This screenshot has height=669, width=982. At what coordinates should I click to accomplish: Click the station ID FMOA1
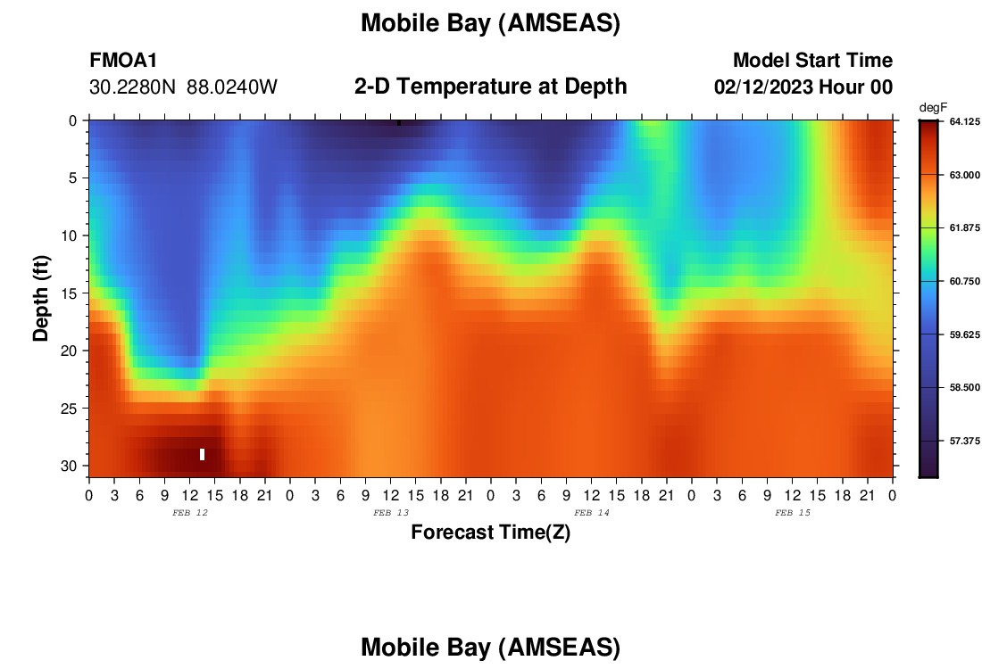pos(123,60)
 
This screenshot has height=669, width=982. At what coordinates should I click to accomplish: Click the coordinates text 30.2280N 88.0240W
pos(183,87)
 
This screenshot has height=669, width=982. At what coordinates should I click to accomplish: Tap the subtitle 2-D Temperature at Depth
pos(490,87)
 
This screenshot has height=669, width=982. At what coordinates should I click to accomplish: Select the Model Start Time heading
pos(812,60)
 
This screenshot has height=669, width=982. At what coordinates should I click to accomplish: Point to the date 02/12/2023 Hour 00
pos(803,87)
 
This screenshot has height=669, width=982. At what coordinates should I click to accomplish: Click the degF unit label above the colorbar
pos(933,108)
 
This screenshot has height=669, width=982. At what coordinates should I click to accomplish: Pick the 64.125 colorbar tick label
pos(964,121)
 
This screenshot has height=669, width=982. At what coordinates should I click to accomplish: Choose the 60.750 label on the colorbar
pos(964,281)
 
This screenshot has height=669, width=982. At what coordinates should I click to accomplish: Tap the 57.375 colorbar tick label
pos(964,441)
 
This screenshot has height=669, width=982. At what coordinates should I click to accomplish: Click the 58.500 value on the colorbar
pos(964,387)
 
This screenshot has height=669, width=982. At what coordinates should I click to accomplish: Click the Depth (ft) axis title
pos(41,299)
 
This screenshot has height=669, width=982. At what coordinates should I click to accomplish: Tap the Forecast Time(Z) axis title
pos(490,532)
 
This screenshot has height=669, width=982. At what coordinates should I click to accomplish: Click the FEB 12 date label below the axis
pos(190,513)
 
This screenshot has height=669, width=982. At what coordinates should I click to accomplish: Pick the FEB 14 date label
pos(592,513)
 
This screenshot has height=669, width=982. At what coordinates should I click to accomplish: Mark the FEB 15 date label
pos(793,513)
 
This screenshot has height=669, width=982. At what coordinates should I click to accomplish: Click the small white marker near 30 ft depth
pos(203,454)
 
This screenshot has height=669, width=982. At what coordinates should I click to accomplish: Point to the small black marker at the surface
pos(399,123)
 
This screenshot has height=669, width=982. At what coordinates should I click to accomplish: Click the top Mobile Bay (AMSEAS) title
pos(490,23)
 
